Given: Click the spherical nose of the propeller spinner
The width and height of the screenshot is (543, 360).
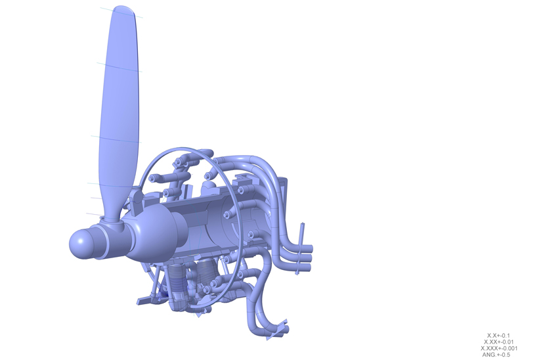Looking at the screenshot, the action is tap(79, 244).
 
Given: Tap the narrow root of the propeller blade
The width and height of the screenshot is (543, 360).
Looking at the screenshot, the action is tap(112, 212).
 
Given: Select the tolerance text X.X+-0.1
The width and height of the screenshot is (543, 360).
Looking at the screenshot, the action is tap(498, 336).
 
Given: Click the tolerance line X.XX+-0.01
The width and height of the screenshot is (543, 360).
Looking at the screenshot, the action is tap(498, 342).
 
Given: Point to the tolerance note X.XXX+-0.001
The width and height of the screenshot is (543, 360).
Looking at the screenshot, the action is tap(499, 348).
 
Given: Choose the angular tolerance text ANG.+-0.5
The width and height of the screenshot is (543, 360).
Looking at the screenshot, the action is tap(496, 355).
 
